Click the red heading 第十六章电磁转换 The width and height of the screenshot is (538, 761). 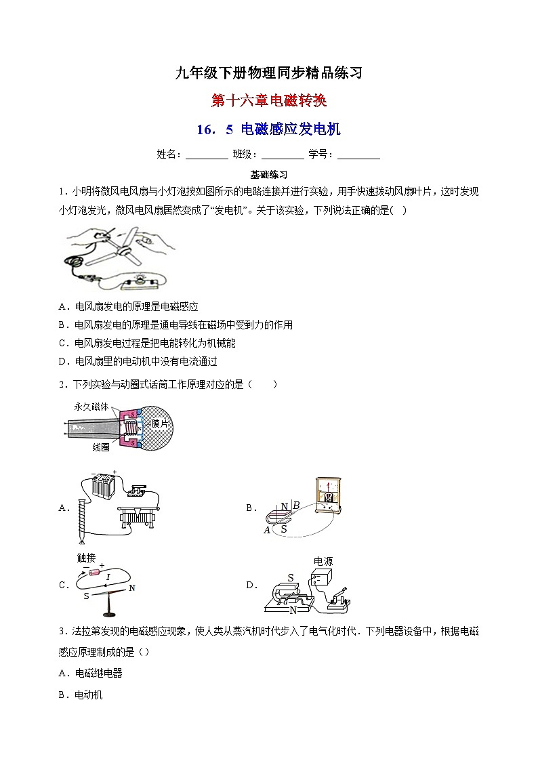tap(269, 101)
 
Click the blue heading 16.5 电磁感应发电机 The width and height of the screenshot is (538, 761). tap(269, 129)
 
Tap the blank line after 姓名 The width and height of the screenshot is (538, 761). tap(206, 155)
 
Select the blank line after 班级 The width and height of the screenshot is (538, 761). tap(282, 155)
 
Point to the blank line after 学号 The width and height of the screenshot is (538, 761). tap(358, 155)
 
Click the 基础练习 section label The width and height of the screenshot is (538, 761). tap(269, 174)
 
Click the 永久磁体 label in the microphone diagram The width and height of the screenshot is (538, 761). tap(91, 407)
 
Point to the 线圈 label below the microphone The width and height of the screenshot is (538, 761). tap(101, 448)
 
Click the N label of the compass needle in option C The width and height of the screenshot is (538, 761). tap(131, 588)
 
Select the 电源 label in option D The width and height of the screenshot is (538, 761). tap(323, 561)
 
